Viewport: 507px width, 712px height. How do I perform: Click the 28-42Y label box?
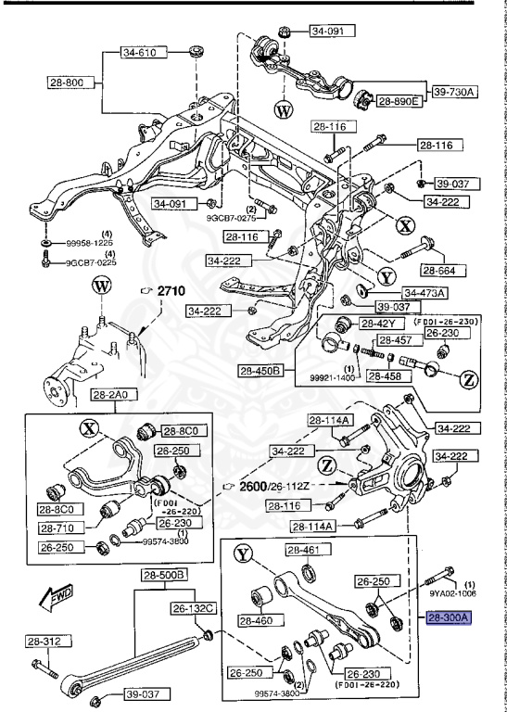(380, 323)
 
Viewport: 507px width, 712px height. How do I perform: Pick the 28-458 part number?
(387, 376)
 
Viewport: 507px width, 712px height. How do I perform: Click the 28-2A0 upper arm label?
(112, 396)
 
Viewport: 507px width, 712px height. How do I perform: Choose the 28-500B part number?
(164, 575)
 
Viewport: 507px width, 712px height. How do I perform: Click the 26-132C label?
(192, 608)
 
